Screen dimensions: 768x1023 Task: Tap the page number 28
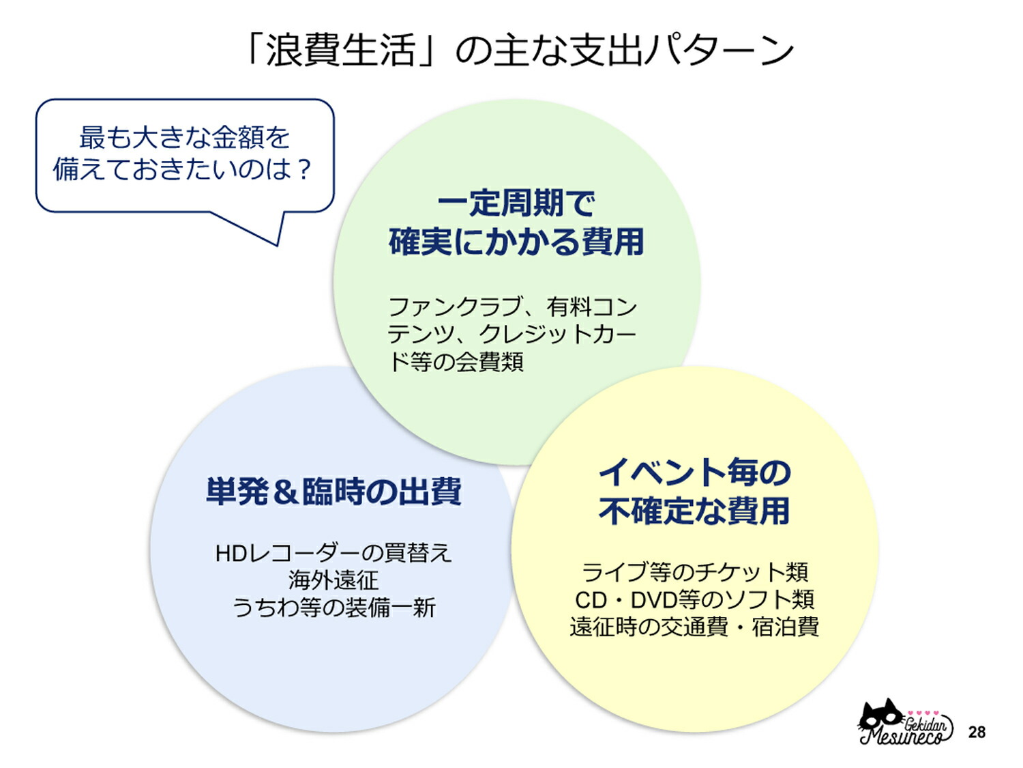pos(977,732)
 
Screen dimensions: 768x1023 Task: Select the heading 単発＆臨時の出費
pos(333,492)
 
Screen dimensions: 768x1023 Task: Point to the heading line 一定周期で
pos(516,203)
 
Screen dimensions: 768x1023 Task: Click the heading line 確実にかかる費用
pos(516,242)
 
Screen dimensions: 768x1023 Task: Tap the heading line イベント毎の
pos(694,472)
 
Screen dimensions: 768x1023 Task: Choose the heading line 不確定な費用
pos(694,511)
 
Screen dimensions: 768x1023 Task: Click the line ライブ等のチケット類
pos(694,571)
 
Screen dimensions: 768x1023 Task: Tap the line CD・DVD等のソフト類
pos(694,599)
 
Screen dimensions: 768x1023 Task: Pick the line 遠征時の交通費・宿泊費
pos(694,627)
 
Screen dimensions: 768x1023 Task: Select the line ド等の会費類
pos(456,362)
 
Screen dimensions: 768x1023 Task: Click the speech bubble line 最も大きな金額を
pos(184,137)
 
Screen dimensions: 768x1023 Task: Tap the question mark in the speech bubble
pos(305,169)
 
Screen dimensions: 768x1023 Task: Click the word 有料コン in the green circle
pos(591,307)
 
